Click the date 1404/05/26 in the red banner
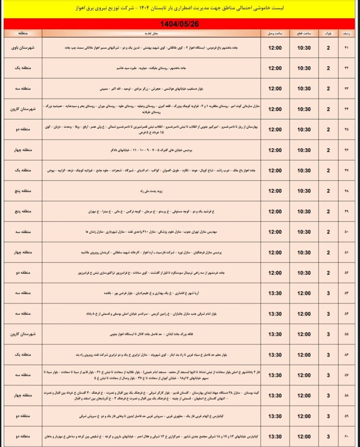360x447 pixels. [179, 24]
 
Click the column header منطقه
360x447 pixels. [23, 34]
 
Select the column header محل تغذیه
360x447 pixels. [151, 34]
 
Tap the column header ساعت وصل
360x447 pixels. [275, 34]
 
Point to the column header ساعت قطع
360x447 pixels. [304, 34]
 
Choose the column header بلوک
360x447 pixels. [328, 34]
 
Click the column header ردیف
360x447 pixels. [346, 34]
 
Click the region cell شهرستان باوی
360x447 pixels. [23, 48]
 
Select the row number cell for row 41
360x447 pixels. [346, 48]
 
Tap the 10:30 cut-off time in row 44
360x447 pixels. [304, 109]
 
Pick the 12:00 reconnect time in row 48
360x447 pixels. [275, 191]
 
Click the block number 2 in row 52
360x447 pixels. [328, 273]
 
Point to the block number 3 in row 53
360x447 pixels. [328, 293]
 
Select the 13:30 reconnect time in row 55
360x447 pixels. [275, 334]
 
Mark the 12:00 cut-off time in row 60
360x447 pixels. [304, 437]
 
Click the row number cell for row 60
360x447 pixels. [346, 437]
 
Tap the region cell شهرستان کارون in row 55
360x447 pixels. [23, 334]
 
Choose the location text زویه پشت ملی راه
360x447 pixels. [151, 191]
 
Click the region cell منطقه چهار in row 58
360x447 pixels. [23, 396]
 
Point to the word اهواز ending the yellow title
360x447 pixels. [82, 8]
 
